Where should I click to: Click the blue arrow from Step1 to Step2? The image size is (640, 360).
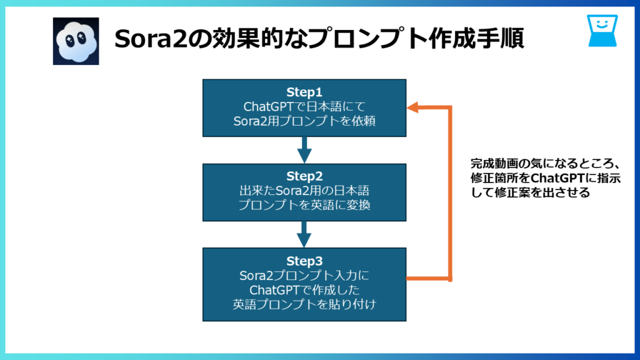[304, 149]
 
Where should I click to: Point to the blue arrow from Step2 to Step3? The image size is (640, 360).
[304, 233]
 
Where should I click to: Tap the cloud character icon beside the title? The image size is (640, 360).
[76, 40]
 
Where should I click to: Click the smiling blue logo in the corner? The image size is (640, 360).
[602, 31]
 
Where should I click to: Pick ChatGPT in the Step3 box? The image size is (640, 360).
[275, 290]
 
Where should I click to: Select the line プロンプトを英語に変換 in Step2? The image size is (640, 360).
[304, 205]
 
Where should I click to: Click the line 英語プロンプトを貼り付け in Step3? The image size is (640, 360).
[304, 304]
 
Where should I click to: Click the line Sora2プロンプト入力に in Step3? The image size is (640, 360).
[304, 276]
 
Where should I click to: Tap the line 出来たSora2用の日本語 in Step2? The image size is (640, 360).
[304, 191]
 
